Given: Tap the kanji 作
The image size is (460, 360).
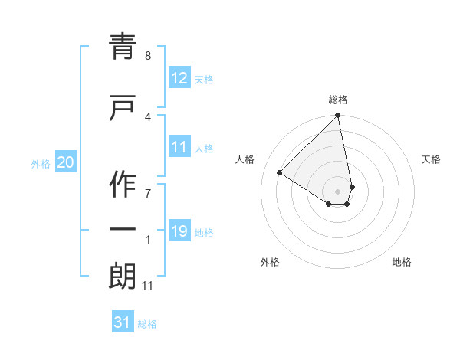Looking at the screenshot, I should click(123, 183).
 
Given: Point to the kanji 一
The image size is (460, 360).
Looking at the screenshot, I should click(123, 229).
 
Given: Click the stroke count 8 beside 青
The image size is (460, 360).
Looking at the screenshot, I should click(147, 56).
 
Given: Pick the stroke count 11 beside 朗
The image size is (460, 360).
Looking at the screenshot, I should click(149, 286).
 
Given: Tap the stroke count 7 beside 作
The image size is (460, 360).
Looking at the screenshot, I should click(147, 193).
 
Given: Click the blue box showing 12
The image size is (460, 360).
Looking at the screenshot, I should click(179, 78).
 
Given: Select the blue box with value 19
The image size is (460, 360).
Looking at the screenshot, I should click(179, 231).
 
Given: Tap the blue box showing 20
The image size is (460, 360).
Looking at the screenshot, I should click(66, 162).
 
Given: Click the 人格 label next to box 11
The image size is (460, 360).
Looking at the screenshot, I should click(204, 148).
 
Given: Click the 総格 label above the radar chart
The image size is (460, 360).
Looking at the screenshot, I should click(338, 100).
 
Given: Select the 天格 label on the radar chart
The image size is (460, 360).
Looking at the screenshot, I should click(431, 159).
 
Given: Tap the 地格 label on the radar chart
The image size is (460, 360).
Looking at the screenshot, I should click(402, 263).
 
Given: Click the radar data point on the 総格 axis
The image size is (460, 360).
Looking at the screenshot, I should click(338, 116).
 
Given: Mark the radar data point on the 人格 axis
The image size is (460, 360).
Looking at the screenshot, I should click(280, 172).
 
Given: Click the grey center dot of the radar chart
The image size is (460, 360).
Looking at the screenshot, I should click(338, 191).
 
